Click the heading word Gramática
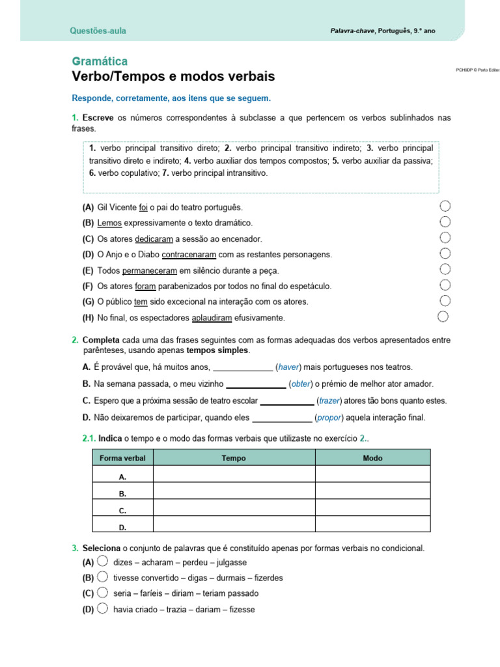click(x=100, y=61)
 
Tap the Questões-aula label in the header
click(x=98, y=31)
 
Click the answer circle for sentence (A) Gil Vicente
click(x=445, y=206)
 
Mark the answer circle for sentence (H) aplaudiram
click(x=443, y=317)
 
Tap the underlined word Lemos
click(x=109, y=223)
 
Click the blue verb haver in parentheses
click(x=290, y=367)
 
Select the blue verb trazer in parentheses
click(x=329, y=401)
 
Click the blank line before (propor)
click(x=282, y=418)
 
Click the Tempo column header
click(x=234, y=458)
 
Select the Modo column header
click(x=372, y=458)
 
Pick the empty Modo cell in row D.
click(x=372, y=527)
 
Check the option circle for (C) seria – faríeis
click(x=102, y=593)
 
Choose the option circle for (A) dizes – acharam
click(x=102, y=561)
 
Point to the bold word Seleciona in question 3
click(x=101, y=548)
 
